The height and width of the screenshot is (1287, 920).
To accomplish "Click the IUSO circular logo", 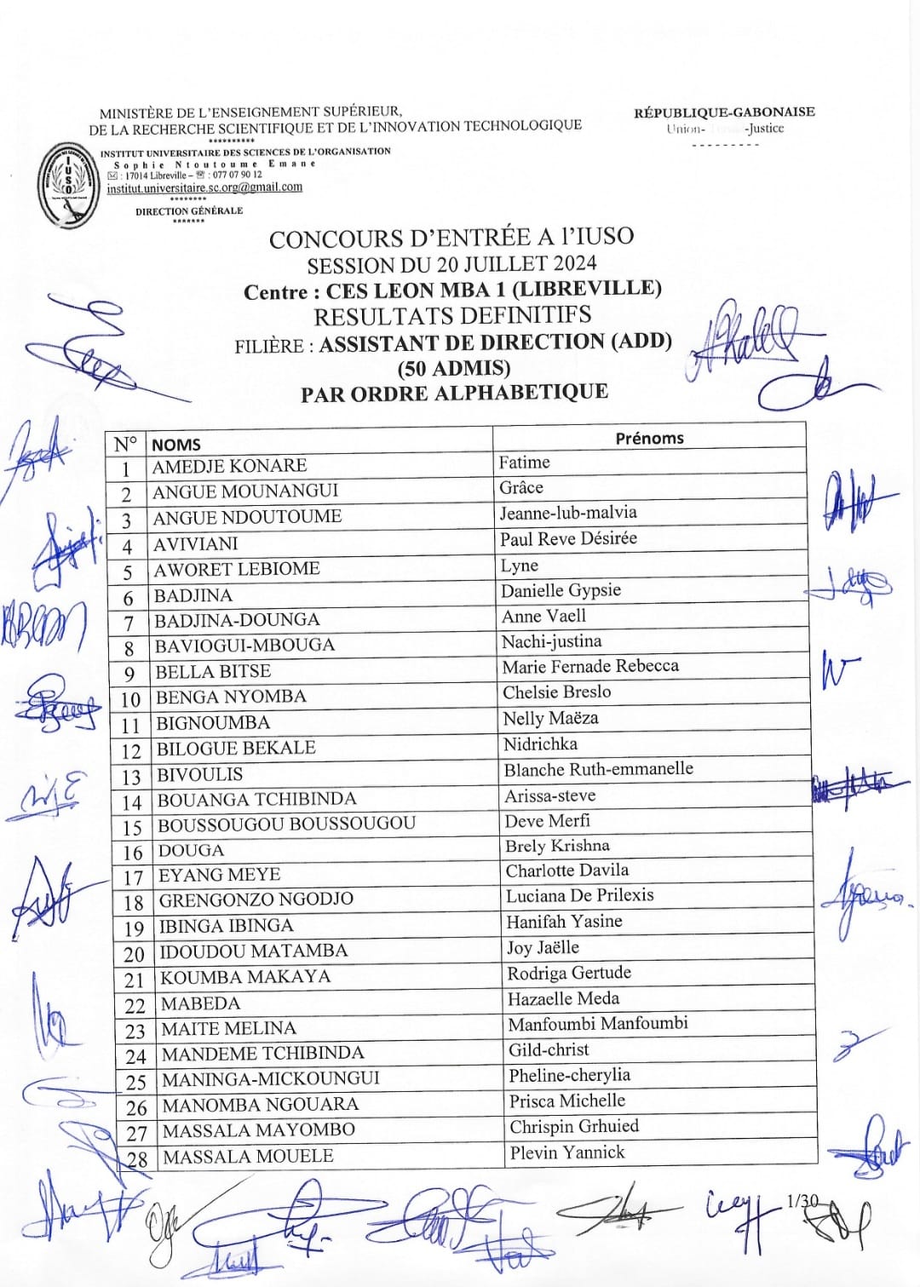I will pyautogui.click(x=68, y=183).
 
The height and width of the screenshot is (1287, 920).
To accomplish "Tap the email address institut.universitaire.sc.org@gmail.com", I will pyautogui.click(x=204, y=187).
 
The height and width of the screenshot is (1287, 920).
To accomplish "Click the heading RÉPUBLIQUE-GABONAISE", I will pyautogui.click(x=724, y=112).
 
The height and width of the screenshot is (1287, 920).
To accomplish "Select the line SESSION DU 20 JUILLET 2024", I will pyautogui.click(x=451, y=264).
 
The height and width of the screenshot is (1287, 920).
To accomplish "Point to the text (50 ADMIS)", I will pyautogui.click(x=454, y=368).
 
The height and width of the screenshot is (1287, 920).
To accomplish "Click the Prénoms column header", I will pyautogui.click(x=649, y=438).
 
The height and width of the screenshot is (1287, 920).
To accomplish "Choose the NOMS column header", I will pyautogui.click(x=176, y=444).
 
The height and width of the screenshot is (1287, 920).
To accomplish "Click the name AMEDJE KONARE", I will pyautogui.click(x=229, y=466).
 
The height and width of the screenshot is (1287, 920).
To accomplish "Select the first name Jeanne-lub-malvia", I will pyautogui.click(x=568, y=513).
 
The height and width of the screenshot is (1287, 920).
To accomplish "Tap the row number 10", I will pyautogui.click(x=130, y=700).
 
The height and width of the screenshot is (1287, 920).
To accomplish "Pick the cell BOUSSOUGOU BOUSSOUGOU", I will pyautogui.click(x=286, y=824).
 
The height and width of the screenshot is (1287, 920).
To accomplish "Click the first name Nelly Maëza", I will pyautogui.click(x=550, y=719).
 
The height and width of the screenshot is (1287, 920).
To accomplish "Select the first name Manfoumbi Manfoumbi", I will pyautogui.click(x=598, y=1024).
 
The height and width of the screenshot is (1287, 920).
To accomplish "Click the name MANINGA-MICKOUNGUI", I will pyautogui.click(x=271, y=1079).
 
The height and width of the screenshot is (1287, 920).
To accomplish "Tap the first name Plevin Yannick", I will pyautogui.click(x=567, y=1153).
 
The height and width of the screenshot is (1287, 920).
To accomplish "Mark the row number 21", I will pyautogui.click(x=135, y=980).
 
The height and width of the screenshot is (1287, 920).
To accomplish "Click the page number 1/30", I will pyautogui.click(x=802, y=1201).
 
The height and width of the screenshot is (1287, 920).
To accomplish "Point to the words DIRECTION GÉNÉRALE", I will pyautogui.click(x=189, y=210).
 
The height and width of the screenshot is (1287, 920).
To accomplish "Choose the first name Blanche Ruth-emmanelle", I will pyautogui.click(x=598, y=769).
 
